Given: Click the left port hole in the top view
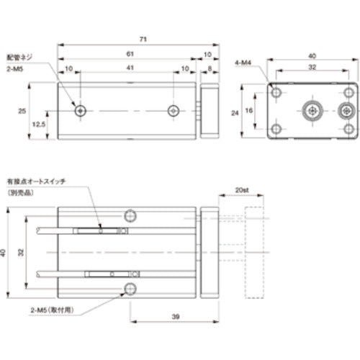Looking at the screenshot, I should pos(80,111).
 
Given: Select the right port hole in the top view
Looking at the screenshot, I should pos(173,111).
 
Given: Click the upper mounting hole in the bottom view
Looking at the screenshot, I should pos(130,215).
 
